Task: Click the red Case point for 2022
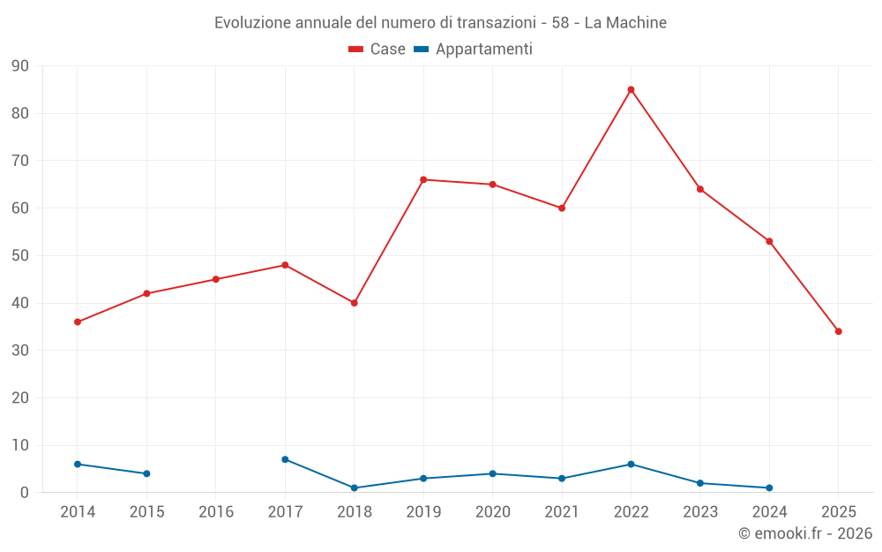[631, 89]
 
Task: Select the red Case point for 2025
[839, 331]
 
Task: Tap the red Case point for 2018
[355, 303]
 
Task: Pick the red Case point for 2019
[423, 179]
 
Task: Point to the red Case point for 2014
[78, 321]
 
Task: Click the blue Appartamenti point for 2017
[285, 459]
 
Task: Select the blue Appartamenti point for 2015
[146, 473]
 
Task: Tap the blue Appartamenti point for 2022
[631, 464]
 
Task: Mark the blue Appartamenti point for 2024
[769, 488]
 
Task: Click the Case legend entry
[377, 49]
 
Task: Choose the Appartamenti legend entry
[474, 49]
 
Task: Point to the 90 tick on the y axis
[20, 66]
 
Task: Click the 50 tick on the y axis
[20, 256]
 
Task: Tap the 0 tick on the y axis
[25, 493]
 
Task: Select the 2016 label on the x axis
[216, 512]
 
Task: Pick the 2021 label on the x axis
[562, 512]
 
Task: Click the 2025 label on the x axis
[839, 512]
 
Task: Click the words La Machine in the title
[625, 22]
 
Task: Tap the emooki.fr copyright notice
[804, 533]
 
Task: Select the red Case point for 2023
[700, 189]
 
